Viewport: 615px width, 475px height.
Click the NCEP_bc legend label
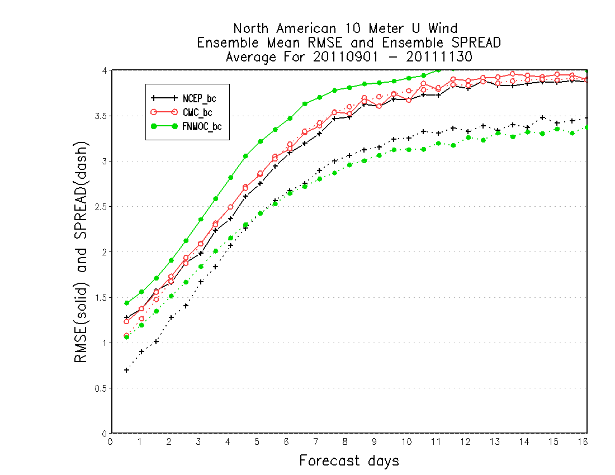tap(199, 99)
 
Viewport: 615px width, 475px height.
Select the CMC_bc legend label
tap(197, 113)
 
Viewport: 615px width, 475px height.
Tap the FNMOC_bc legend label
tap(202, 127)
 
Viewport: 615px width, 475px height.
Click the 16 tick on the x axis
tap(583, 441)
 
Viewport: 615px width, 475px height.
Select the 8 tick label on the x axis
tap(345, 441)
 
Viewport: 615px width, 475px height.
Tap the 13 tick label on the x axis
tap(495, 441)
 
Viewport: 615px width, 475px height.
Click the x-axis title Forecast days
tap(349, 460)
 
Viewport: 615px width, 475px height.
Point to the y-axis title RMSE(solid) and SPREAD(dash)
tap(81, 252)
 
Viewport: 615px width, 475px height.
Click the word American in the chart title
tap(306, 28)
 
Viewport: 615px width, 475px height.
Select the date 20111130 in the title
tap(439, 57)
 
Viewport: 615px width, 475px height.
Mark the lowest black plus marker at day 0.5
tap(127, 370)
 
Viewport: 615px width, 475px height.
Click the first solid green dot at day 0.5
tap(127, 303)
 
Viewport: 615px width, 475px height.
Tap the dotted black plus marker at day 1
tap(141, 351)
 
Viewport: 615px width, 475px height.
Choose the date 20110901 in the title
tap(346, 57)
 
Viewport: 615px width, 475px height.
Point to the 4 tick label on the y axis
tap(105, 70)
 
